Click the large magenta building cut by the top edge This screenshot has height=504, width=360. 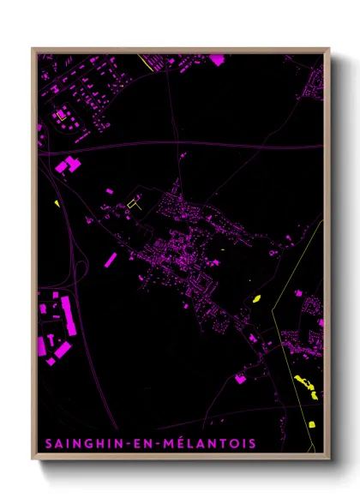[217, 59]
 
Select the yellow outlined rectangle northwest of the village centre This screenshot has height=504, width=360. [131, 204]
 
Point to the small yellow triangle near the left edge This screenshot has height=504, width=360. [57, 203]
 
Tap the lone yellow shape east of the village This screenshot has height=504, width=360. [255, 298]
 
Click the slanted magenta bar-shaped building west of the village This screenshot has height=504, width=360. [111, 259]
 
